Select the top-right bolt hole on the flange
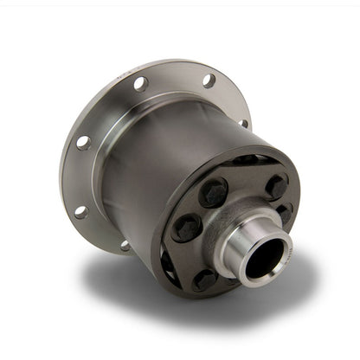pyautogui.click(x=209, y=80)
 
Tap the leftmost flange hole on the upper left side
pyautogui.click(x=83, y=143)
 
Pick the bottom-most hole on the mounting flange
pyautogui.click(x=126, y=246)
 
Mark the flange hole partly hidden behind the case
pyautogui.click(x=243, y=123)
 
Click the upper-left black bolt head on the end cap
pyautogui.click(x=214, y=193)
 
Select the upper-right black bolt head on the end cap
pyautogui.click(x=275, y=185)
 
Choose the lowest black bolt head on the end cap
pyautogui.click(x=204, y=277)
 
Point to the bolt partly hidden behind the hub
pyautogui.click(x=284, y=214)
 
